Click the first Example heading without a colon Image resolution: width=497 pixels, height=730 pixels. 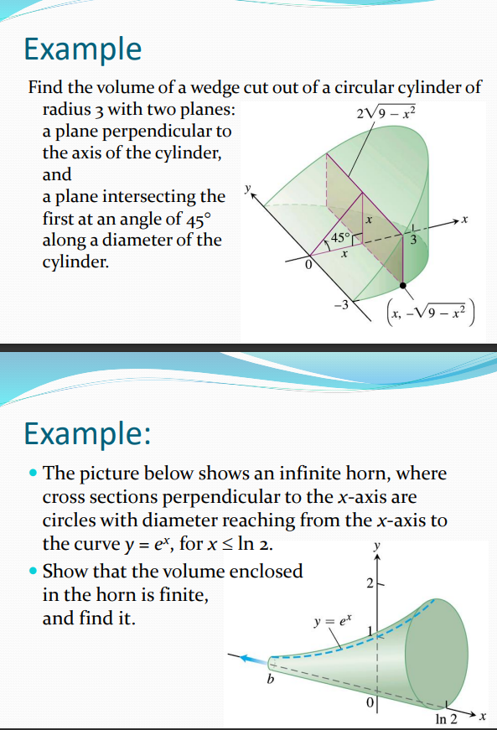pos(83,49)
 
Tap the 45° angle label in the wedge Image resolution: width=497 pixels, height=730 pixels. pos(340,237)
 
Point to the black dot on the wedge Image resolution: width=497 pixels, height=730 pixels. pos(404,286)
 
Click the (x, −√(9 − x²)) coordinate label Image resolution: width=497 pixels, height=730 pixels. pos(429,313)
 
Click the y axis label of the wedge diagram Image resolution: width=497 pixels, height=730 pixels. pos(246,190)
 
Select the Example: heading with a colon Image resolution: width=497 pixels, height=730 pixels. pos(87,434)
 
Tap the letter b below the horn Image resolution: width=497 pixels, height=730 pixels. pos(270,679)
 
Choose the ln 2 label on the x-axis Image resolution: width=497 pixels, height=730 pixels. pos(447,718)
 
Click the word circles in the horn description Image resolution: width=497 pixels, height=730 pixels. pos(67,520)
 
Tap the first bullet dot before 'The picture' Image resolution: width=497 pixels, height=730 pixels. pos(32,474)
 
